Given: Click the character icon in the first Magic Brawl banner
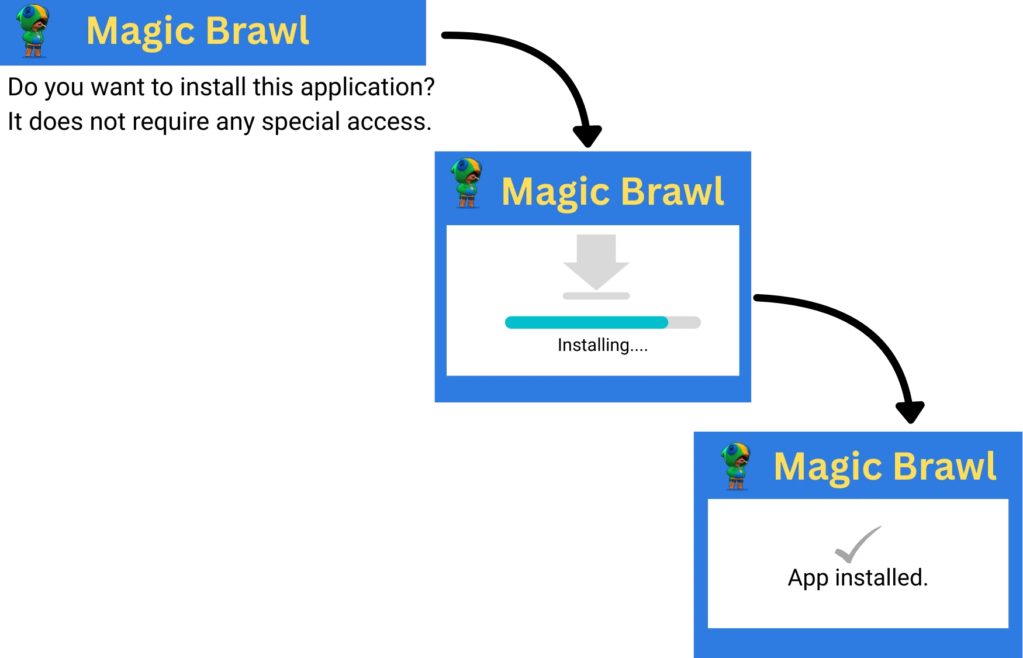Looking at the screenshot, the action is [33, 30].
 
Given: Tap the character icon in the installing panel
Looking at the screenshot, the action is [466, 183].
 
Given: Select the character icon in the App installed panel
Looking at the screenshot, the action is [736, 466].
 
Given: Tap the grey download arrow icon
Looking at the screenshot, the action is [596, 262].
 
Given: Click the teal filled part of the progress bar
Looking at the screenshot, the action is [586, 322].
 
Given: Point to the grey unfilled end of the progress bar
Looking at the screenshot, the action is [685, 322].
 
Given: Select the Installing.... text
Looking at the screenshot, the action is [603, 345].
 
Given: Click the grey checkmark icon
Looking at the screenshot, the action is [858, 544].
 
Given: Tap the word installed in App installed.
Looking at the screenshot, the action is [882, 577].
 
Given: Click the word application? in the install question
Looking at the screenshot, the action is [368, 88].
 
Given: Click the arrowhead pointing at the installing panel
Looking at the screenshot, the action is [587, 136].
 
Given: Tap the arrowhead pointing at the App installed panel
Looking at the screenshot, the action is [910, 412].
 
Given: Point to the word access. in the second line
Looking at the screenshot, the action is [389, 122].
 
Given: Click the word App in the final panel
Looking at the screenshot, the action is [808, 578].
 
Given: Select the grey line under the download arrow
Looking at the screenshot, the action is [596, 296].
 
